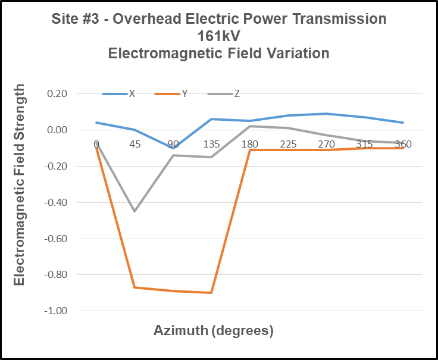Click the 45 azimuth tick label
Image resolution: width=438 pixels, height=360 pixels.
(x=134, y=144)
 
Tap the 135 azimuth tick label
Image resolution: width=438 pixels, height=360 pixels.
(x=211, y=144)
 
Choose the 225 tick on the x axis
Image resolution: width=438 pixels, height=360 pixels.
(x=287, y=144)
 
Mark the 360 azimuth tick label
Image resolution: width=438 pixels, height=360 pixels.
(x=403, y=144)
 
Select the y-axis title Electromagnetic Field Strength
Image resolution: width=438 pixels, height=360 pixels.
(x=20, y=184)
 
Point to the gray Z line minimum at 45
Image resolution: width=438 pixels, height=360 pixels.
(x=134, y=211)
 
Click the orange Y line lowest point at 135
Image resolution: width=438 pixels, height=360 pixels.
(x=211, y=293)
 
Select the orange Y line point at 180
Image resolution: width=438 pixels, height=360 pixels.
(x=249, y=150)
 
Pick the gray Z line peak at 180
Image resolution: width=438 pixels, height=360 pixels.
(x=249, y=126)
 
